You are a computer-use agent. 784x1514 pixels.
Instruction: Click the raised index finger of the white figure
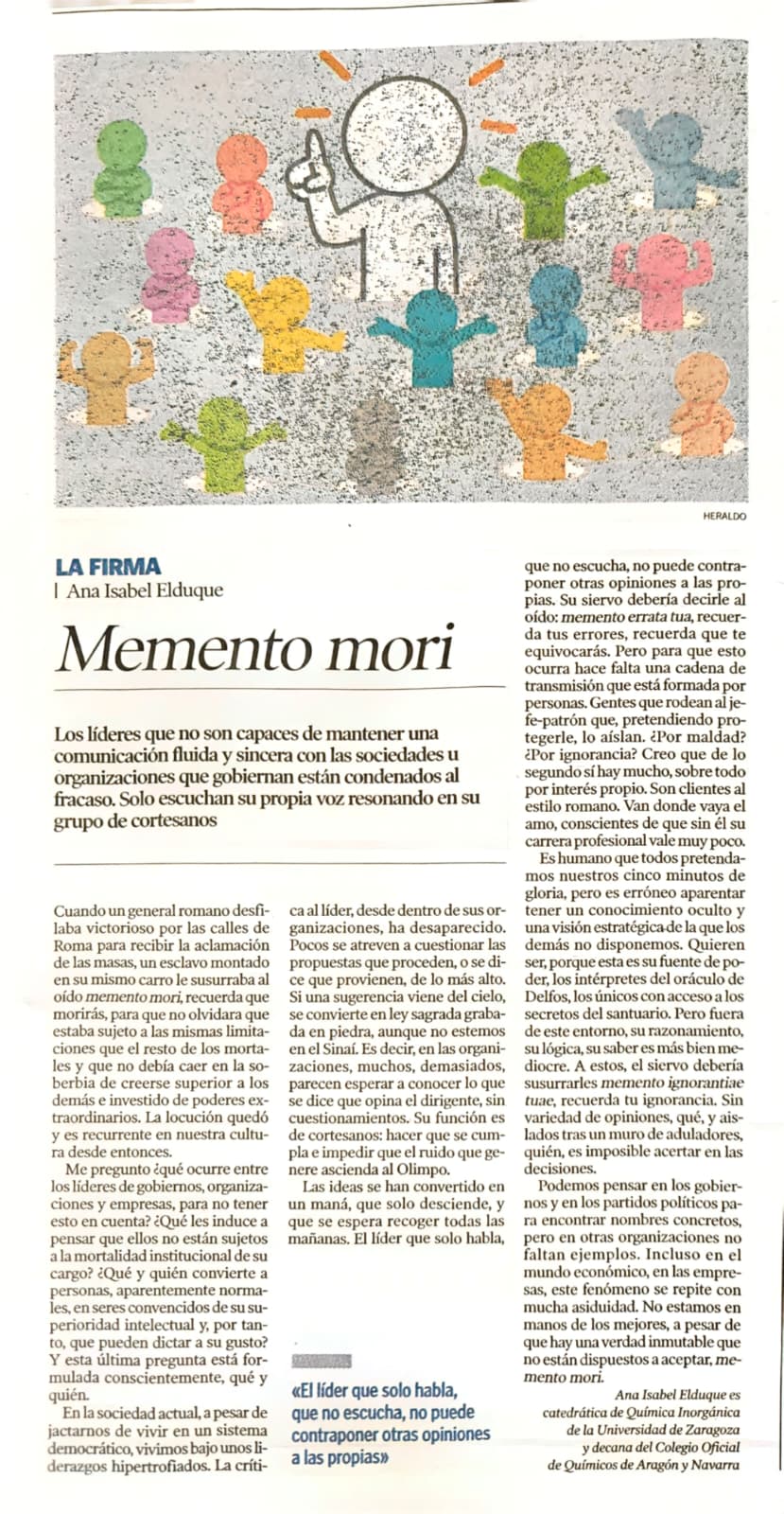(x=315, y=145)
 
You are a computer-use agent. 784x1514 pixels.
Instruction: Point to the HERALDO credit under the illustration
(x=724, y=516)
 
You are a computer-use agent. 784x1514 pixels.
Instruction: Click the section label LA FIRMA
(x=108, y=568)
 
